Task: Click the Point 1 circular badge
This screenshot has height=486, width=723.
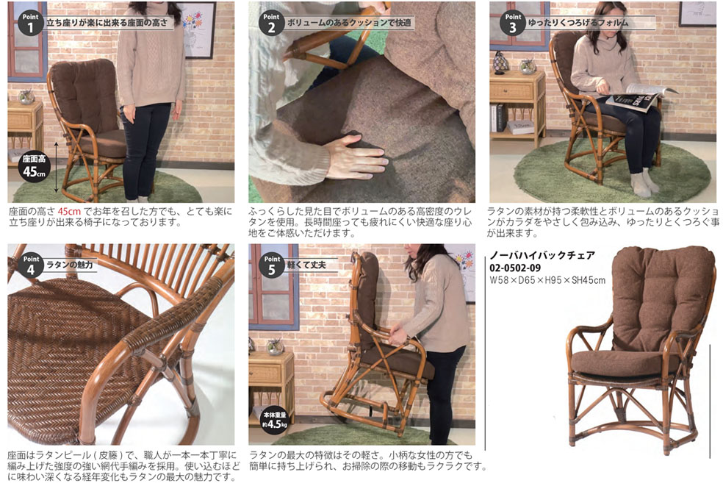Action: [x=31, y=23]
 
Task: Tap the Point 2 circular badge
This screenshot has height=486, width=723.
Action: [x=272, y=23]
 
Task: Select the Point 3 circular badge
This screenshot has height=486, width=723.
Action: [x=513, y=23]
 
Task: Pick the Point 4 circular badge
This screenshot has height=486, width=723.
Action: [x=31, y=265]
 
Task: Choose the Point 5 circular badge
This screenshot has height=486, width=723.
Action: [x=272, y=265]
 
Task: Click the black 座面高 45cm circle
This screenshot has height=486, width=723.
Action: [x=35, y=166]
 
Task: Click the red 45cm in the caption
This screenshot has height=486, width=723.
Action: [x=69, y=212]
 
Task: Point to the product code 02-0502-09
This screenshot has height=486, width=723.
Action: [x=515, y=268]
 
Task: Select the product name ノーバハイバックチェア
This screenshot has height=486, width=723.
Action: [x=542, y=255]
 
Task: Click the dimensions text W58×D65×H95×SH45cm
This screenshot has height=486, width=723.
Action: [x=547, y=279]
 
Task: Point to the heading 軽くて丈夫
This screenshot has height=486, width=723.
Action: [x=306, y=265]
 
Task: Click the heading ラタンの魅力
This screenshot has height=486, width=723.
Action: [x=69, y=265]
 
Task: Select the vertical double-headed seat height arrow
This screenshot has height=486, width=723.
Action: [x=57, y=167]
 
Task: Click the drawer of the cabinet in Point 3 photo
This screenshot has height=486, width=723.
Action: [x=511, y=93]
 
